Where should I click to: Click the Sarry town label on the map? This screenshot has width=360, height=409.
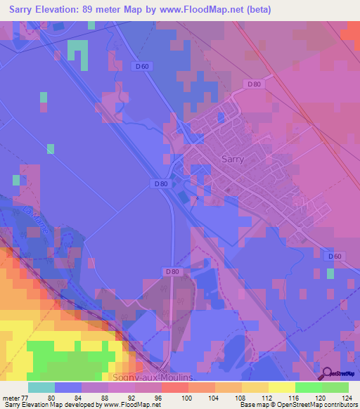tap(233, 159)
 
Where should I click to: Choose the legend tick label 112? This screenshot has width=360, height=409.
tap(268, 397)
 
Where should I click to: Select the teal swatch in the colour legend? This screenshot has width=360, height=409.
tap(41, 387)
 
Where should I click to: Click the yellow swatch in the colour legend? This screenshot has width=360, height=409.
tap(281, 387)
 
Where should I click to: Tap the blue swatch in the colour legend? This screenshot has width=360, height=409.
tap(68, 387)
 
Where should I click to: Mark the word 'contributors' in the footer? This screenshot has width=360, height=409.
tap(339, 405)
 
